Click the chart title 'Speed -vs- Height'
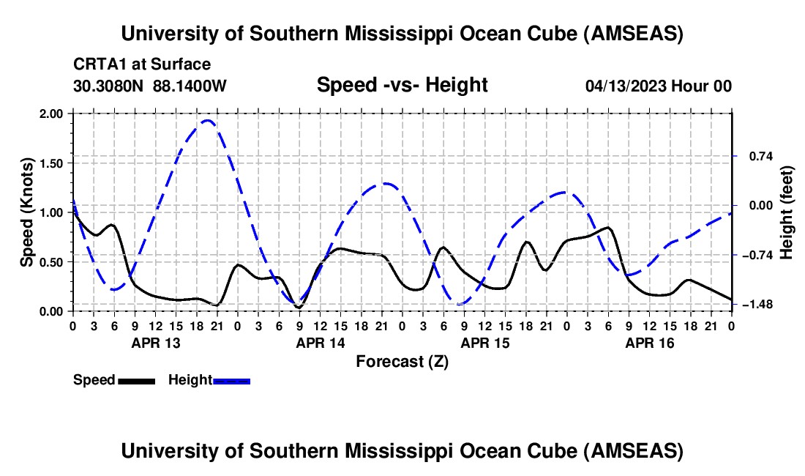[x=402, y=85]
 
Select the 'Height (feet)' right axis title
[x=787, y=212]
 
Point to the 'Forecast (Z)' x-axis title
[x=402, y=361]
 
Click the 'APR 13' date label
[x=154, y=343]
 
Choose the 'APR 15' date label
[x=484, y=343]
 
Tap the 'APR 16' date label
[x=648, y=343]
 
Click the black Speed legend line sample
[x=135, y=380]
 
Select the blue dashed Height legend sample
[x=231, y=380]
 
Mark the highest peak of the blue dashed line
[x=207, y=121]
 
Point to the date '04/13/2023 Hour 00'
[x=659, y=86]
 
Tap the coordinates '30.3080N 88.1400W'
[x=150, y=86]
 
